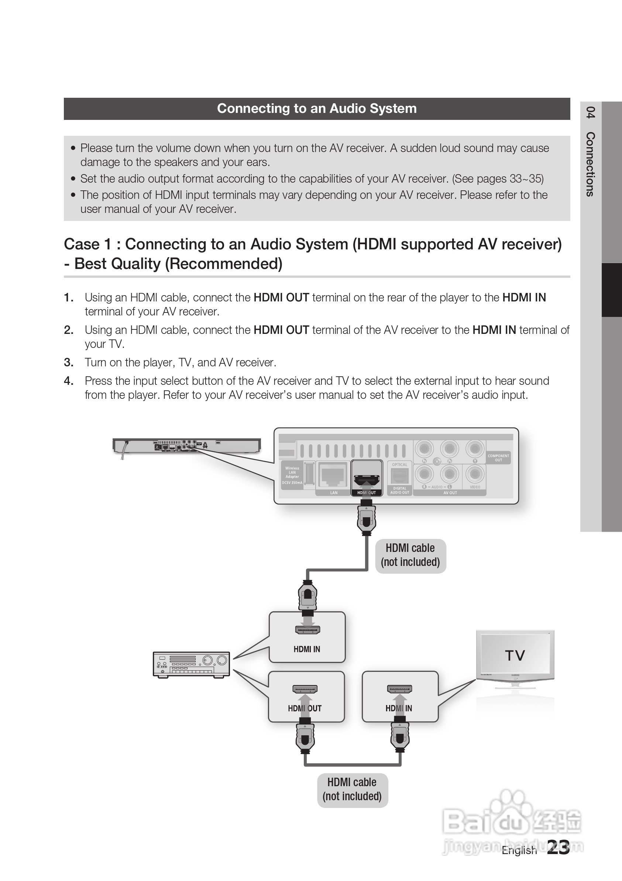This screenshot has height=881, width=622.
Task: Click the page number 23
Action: pos(558,847)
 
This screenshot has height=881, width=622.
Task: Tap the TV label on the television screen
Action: pos(515,655)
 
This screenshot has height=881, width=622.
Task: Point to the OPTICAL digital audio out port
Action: pos(399,476)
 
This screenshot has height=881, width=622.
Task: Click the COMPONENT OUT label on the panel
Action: pos(498,458)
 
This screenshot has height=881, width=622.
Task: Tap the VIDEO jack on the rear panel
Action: pos(475,474)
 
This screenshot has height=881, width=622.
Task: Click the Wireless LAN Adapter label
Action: pos(292,472)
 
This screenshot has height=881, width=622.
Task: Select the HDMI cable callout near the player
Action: pos(410,555)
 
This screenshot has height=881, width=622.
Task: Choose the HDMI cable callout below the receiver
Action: pos(352,789)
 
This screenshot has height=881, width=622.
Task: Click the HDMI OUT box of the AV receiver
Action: pos(306,697)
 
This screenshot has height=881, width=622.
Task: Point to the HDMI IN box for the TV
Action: pos(400,697)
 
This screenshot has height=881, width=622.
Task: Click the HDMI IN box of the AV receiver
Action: pos(307,637)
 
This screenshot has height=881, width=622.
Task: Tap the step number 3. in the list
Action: pos(69,362)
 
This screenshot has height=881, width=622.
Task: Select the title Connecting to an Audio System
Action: pos(317,108)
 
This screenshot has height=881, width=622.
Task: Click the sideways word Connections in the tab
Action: pos(591,164)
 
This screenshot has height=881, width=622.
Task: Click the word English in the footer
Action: pos(519,850)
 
